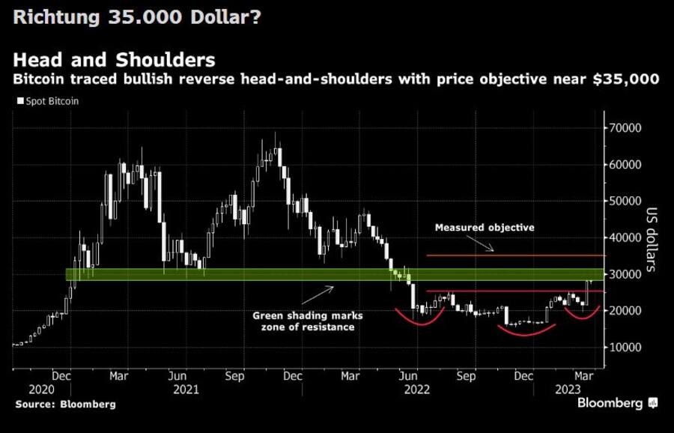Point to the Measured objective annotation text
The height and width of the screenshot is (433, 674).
pyautogui.click(x=485, y=227)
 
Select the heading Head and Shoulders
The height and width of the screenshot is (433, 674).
pyautogui.click(x=115, y=59)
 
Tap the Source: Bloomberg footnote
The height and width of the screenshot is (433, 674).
pyautogui.click(x=64, y=405)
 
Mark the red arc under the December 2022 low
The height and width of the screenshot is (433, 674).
pyautogui.click(x=525, y=330)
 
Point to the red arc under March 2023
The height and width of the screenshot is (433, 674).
pyautogui.click(x=581, y=314)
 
